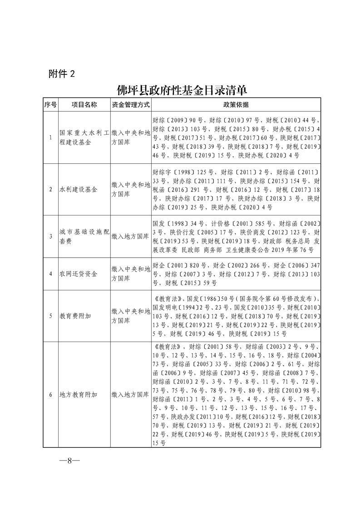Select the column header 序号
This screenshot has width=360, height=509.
[50, 105]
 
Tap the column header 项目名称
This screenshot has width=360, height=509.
[84, 105]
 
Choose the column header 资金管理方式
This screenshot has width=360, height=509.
[131, 105]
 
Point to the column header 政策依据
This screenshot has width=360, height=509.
[236, 105]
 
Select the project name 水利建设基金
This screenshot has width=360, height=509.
[79, 189]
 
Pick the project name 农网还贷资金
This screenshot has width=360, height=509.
[79, 274]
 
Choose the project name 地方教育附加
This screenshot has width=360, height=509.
[79, 395]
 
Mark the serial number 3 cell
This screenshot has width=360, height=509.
[50, 236]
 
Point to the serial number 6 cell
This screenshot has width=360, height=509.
[50, 395]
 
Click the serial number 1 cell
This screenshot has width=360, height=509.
[50, 138]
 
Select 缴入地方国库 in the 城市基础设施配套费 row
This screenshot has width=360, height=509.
[131, 236]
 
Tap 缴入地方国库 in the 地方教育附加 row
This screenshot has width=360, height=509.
[131, 395]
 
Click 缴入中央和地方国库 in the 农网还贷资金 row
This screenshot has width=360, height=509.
[131, 274]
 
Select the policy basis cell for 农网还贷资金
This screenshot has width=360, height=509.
[236, 274]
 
